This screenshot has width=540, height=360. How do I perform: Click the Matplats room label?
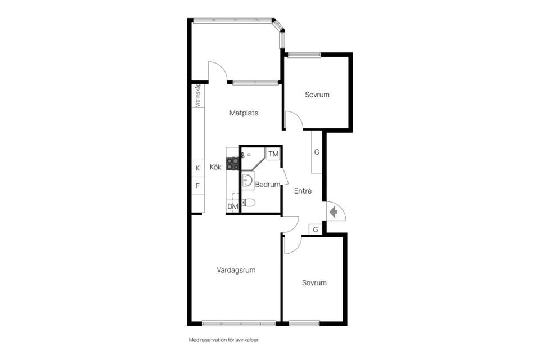click(244, 113)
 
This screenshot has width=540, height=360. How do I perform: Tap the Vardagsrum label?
click(236, 270)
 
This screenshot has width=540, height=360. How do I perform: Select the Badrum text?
click(267, 184)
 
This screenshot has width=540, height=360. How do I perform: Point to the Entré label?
click(303, 191)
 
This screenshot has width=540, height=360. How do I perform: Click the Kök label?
click(215, 167)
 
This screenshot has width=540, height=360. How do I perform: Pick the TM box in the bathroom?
click(273, 154)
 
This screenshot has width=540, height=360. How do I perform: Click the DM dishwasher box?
click(233, 206)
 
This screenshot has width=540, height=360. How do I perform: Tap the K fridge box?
click(197, 168)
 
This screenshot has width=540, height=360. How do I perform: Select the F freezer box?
click(197, 186)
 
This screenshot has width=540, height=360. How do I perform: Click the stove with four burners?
click(233, 164)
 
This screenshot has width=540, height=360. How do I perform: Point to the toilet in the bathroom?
click(249, 202)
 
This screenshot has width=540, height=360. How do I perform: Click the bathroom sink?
click(247, 181)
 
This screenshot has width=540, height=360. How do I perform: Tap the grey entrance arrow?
click(334, 212)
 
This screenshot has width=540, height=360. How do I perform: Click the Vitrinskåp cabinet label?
click(197, 96)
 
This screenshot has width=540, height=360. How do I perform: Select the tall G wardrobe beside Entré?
click(317, 152)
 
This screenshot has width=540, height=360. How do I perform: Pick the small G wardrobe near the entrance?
click(316, 229)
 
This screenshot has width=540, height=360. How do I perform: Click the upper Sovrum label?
click(317, 94)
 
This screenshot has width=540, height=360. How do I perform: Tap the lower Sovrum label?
click(314, 283)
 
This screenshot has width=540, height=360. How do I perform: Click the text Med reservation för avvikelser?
click(224, 340)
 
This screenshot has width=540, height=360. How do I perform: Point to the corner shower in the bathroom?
click(253, 159)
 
